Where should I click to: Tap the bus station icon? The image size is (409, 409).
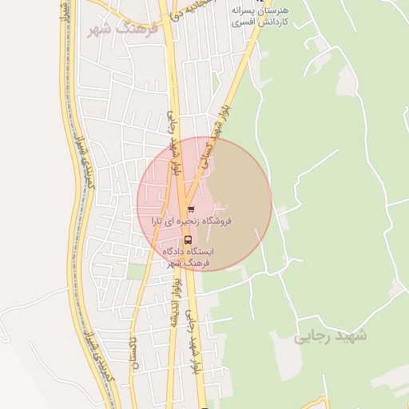188,239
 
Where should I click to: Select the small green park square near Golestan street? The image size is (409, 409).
137,272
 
